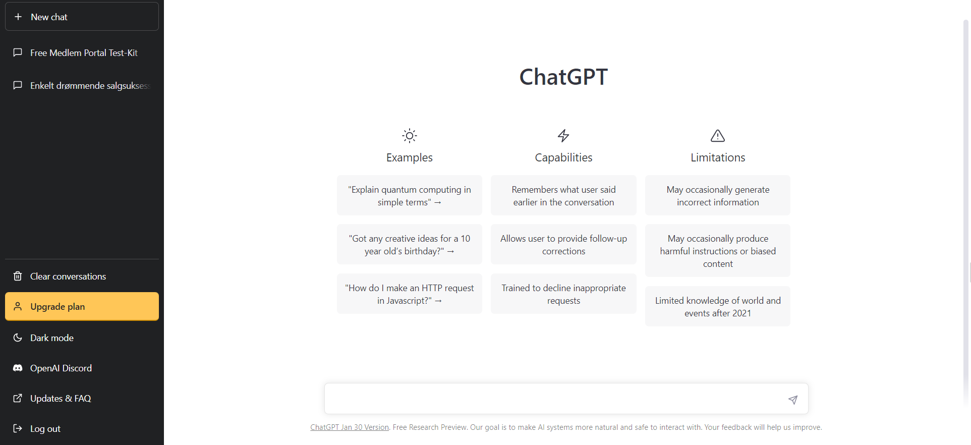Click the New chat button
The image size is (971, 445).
[x=82, y=17]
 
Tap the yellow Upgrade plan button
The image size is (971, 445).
[x=82, y=306]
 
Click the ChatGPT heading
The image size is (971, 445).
[x=563, y=77]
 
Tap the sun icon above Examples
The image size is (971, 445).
[x=410, y=136]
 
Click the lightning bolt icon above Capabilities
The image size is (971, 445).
[x=563, y=136]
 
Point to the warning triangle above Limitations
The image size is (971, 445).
[x=718, y=136]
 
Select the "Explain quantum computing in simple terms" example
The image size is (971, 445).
[x=410, y=195]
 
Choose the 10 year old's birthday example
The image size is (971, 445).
[x=410, y=244]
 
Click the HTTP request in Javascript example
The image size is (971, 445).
[x=410, y=294]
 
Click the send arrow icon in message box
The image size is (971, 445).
[x=793, y=400]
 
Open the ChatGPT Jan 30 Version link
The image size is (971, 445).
[x=350, y=427]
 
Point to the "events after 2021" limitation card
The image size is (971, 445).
[x=718, y=306]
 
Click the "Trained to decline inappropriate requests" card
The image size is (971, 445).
[x=563, y=294]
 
